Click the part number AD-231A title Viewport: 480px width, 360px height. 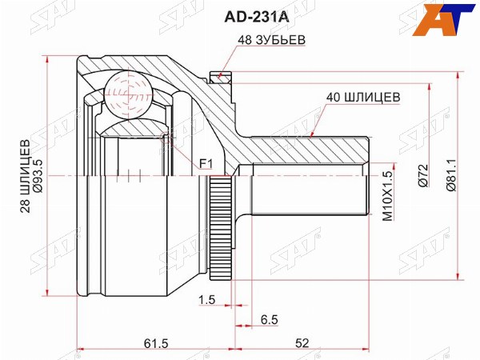coord(257,18)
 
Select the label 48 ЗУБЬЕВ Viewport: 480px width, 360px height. coord(272,40)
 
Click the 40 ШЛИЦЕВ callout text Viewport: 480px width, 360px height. coord(363,97)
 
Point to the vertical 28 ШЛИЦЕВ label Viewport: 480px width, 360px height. coord(26,176)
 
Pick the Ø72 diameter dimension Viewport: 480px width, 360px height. coord(422,175)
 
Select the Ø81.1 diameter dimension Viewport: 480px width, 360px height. coord(451,175)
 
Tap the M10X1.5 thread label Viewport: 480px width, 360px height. coord(387,196)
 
